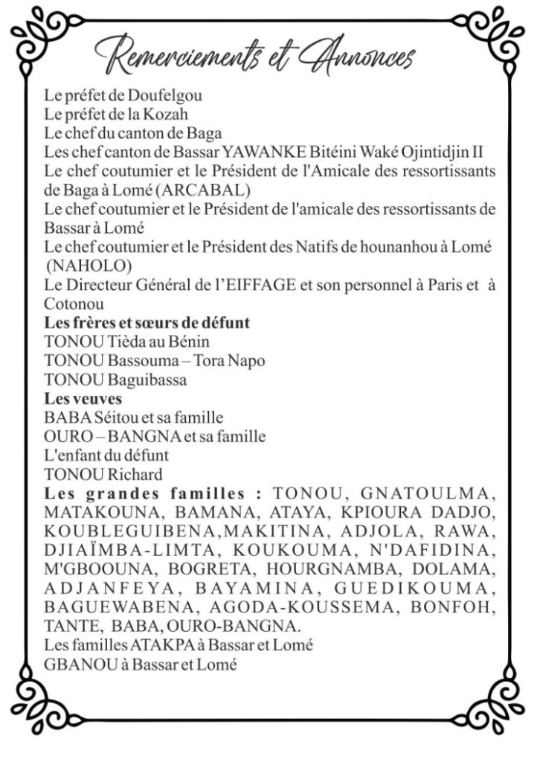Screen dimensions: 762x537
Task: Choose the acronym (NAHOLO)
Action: tap(81, 266)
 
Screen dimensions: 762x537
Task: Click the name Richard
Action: tap(135, 474)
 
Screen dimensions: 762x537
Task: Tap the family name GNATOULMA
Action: tap(425, 493)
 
